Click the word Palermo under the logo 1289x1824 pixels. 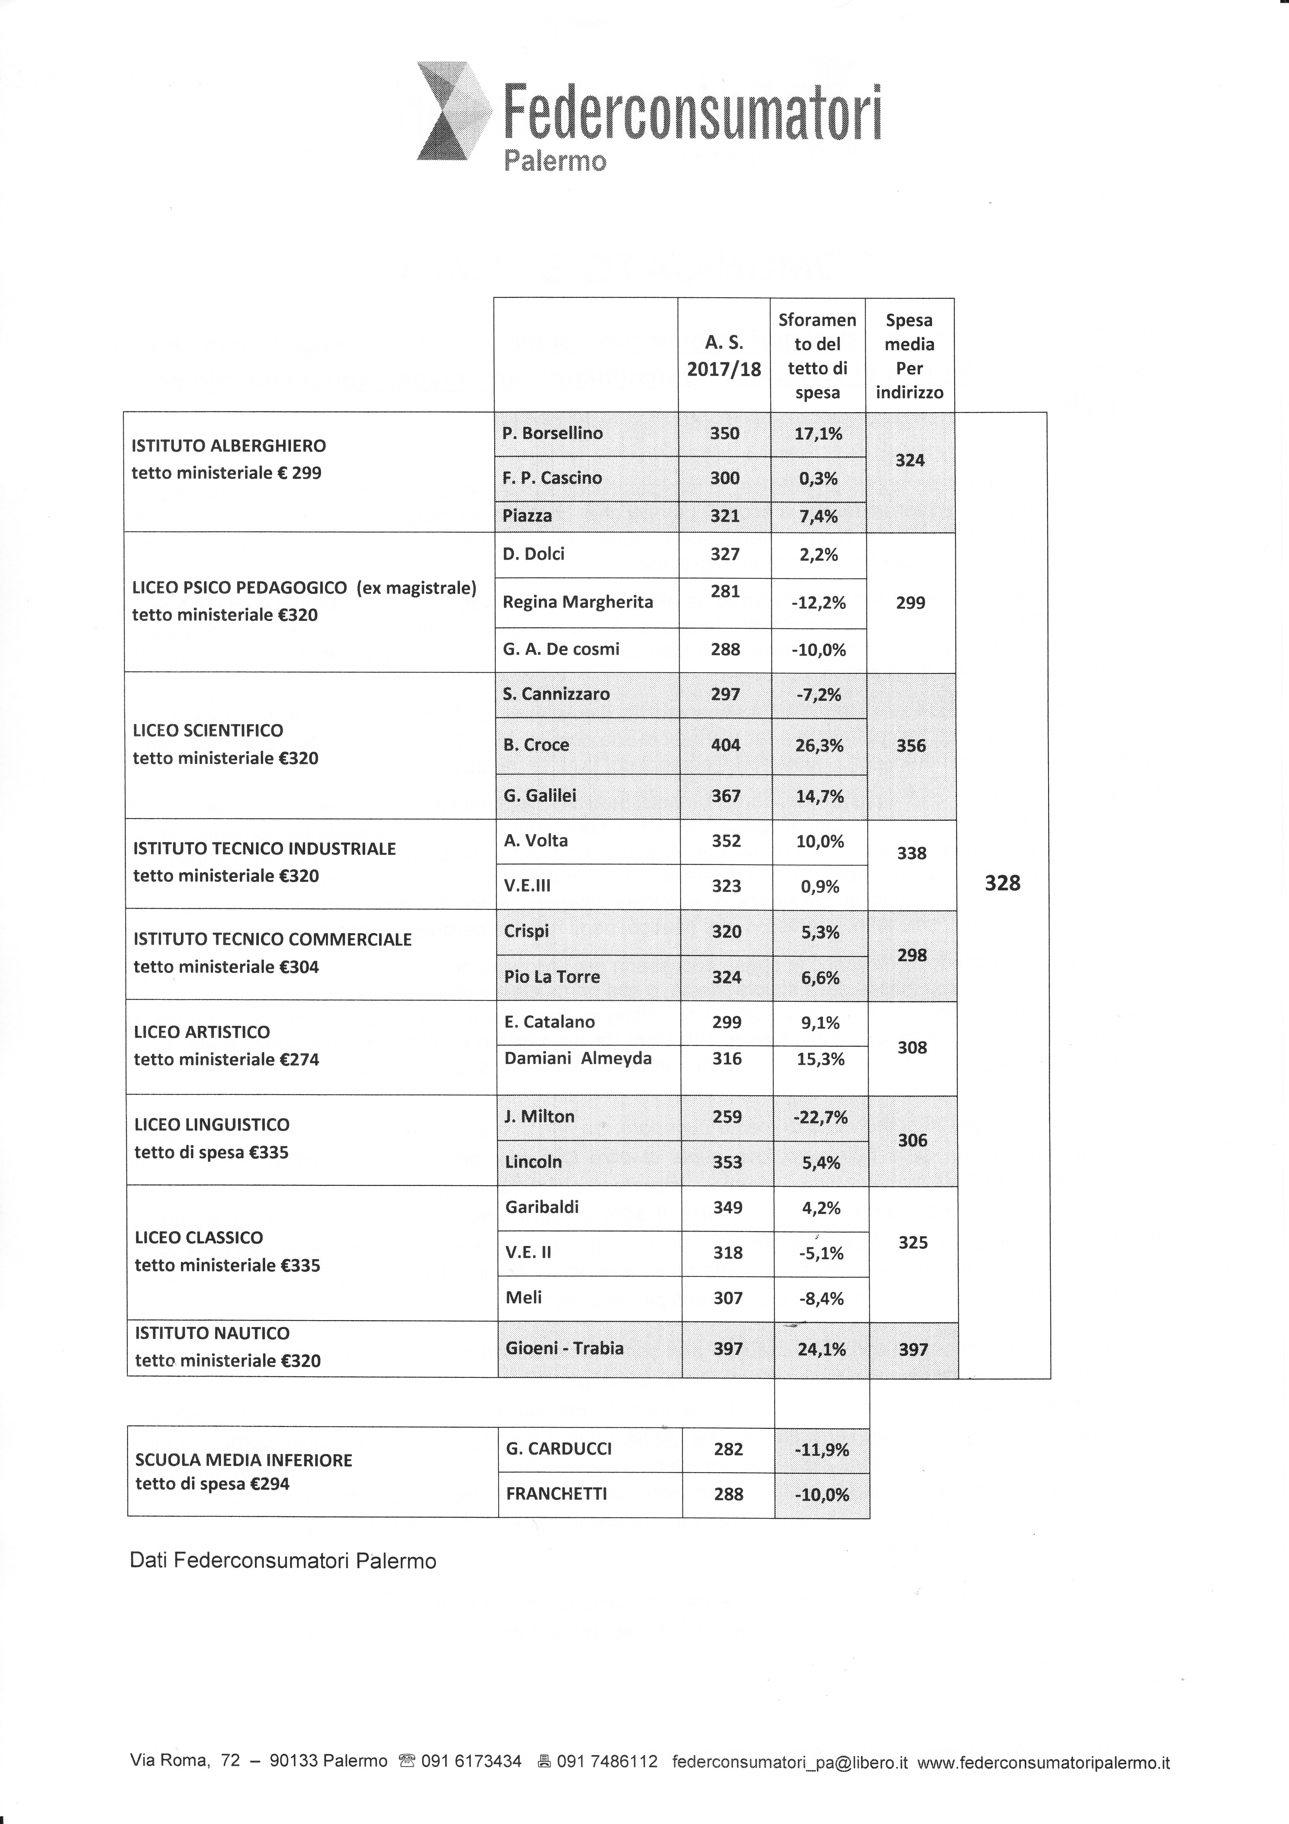(x=555, y=161)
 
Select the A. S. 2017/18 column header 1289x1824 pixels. (x=723, y=356)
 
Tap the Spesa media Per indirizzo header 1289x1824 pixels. (x=909, y=356)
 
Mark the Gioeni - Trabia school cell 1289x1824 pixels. (x=565, y=1348)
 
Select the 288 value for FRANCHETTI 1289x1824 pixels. (x=728, y=1494)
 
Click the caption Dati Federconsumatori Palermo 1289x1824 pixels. (x=283, y=1561)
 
